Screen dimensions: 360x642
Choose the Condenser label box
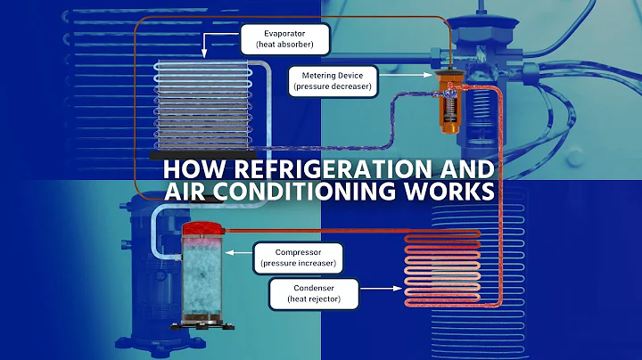(x=313, y=293)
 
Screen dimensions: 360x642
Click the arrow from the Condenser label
(x=380, y=289)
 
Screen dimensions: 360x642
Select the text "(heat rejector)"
(x=313, y=299)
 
